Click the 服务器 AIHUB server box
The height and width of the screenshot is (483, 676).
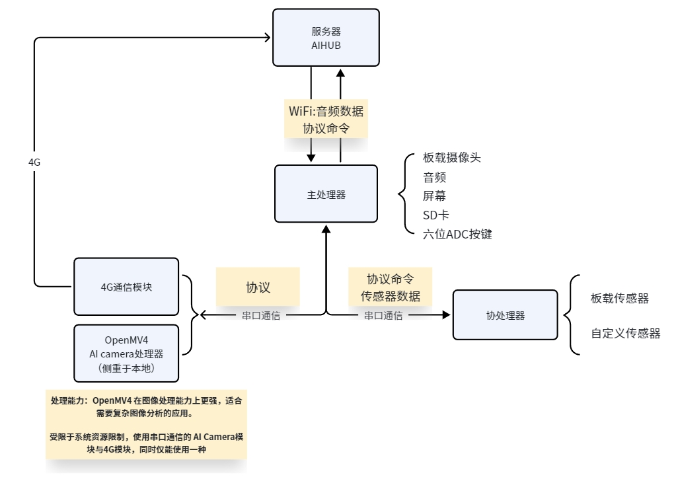[x=326, y=38]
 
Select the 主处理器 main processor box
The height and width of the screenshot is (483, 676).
[x=326, y=194]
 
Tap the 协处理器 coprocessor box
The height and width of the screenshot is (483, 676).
[x=506, y=315]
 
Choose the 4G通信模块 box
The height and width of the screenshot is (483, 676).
[x=126, y=287]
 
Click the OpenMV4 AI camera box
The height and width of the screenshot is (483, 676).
[x=126, y=353]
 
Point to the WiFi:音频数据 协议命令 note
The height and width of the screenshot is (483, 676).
[x=326, y=119]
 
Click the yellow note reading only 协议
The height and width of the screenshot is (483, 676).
[x=258, y=287]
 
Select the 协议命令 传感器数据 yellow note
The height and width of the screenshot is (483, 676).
[x=390, y=287]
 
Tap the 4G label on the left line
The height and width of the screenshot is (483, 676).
[x=34, y=162]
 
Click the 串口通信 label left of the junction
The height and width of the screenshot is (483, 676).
[x=261, y=315]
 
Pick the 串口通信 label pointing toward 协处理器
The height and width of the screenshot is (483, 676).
[x=383, y=315]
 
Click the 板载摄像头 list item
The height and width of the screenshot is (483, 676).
[x=451, y=157]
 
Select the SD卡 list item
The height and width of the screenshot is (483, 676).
[x=435, y=215]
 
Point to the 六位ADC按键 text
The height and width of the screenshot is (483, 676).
[x=457, y=234]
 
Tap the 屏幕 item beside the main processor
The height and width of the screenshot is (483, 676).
[x=434, y=196]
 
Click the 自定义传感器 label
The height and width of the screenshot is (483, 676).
[x=626, y=334]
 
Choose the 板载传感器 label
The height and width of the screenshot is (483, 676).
[x=620, y=299]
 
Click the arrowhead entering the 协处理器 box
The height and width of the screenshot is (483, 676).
[x=447, y=315]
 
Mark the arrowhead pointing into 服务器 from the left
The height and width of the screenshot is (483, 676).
[x=268, y=38]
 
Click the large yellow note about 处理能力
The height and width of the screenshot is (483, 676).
[x=146, y=425]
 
